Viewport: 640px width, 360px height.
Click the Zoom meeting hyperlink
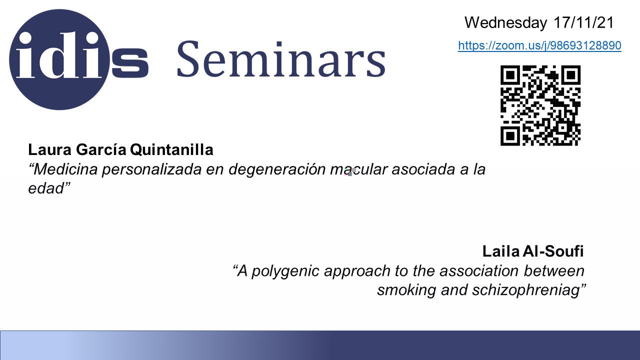pyautogui.click(x=539, y=45)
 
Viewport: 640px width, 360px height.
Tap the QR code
pyautogui.click(x=540, y=105)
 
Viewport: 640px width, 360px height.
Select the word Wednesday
pyautogui.click(x=505, y=22)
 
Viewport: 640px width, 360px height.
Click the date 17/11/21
pyautogui.click(x=583, y=22)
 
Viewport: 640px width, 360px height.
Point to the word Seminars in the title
pyautogui.click(x=281, y=59)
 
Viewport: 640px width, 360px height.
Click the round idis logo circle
pyautogui.click(x=59, y=59)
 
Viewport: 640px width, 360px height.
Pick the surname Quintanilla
pyautogui.click(x=171, y=149)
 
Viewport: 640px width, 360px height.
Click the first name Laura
pyautogui.click(x=49, y=149)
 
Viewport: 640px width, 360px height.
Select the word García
pyautogui.click(x=101, y=149)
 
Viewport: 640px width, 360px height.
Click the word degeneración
pyautogui.click(x=277, y=169)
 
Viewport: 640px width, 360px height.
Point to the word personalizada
pyautogui.click(x=151, y=169)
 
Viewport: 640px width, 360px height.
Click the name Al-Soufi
pyautogui.click(x=553, y=251)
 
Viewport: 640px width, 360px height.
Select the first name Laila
pyautogui.click(x=501, y=251)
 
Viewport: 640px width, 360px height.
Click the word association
pyautogui.click(x=479, y=271)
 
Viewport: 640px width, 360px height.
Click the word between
pyautogui.click(x=554, y=271)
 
